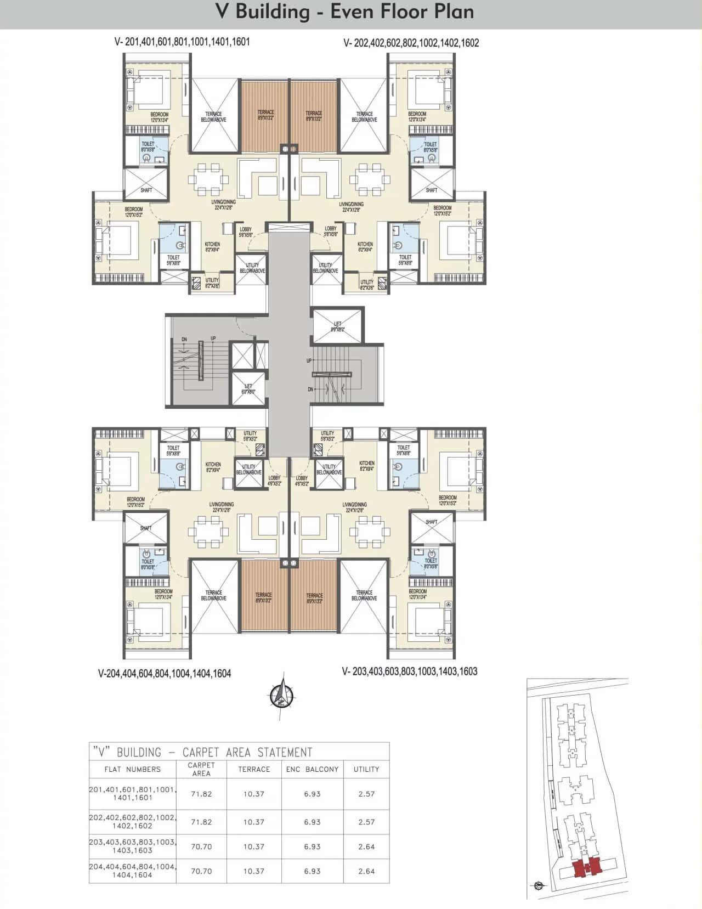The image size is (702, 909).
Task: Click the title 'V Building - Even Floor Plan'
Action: (345, 12)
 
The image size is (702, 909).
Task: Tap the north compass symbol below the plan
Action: (282, 696)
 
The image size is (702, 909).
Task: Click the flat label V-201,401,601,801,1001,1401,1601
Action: (182, 42)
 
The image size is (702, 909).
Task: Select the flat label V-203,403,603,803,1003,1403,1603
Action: (409, 671)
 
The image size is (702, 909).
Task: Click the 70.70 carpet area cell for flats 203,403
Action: (201, 846)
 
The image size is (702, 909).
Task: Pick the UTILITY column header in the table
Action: (366, 769)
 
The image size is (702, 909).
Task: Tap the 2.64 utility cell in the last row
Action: (366, 871)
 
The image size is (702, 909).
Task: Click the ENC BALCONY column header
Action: (312, 769)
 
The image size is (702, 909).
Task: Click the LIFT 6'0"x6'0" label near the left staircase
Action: (248, 389)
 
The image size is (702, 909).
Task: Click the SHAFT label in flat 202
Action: (432, 190)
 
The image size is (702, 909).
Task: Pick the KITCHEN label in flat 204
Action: (213, 467)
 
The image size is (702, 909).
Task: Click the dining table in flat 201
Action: (208, 179)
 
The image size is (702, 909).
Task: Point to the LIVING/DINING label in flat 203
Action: (354, 507)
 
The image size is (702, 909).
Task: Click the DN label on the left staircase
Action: (184, 340)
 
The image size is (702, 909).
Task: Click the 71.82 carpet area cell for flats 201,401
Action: (201, 794)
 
